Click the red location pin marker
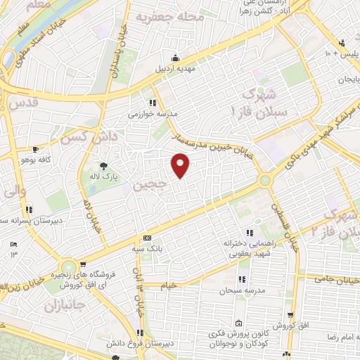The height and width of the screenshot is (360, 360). pos(181,165)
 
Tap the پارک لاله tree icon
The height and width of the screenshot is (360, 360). pos(104,167)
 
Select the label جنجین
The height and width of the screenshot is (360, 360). pos(150,186)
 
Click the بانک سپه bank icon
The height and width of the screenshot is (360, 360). pos(147,238)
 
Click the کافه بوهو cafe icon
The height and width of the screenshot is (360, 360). pos(36,150)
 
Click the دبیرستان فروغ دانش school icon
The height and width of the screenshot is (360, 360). pos(141,332)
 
